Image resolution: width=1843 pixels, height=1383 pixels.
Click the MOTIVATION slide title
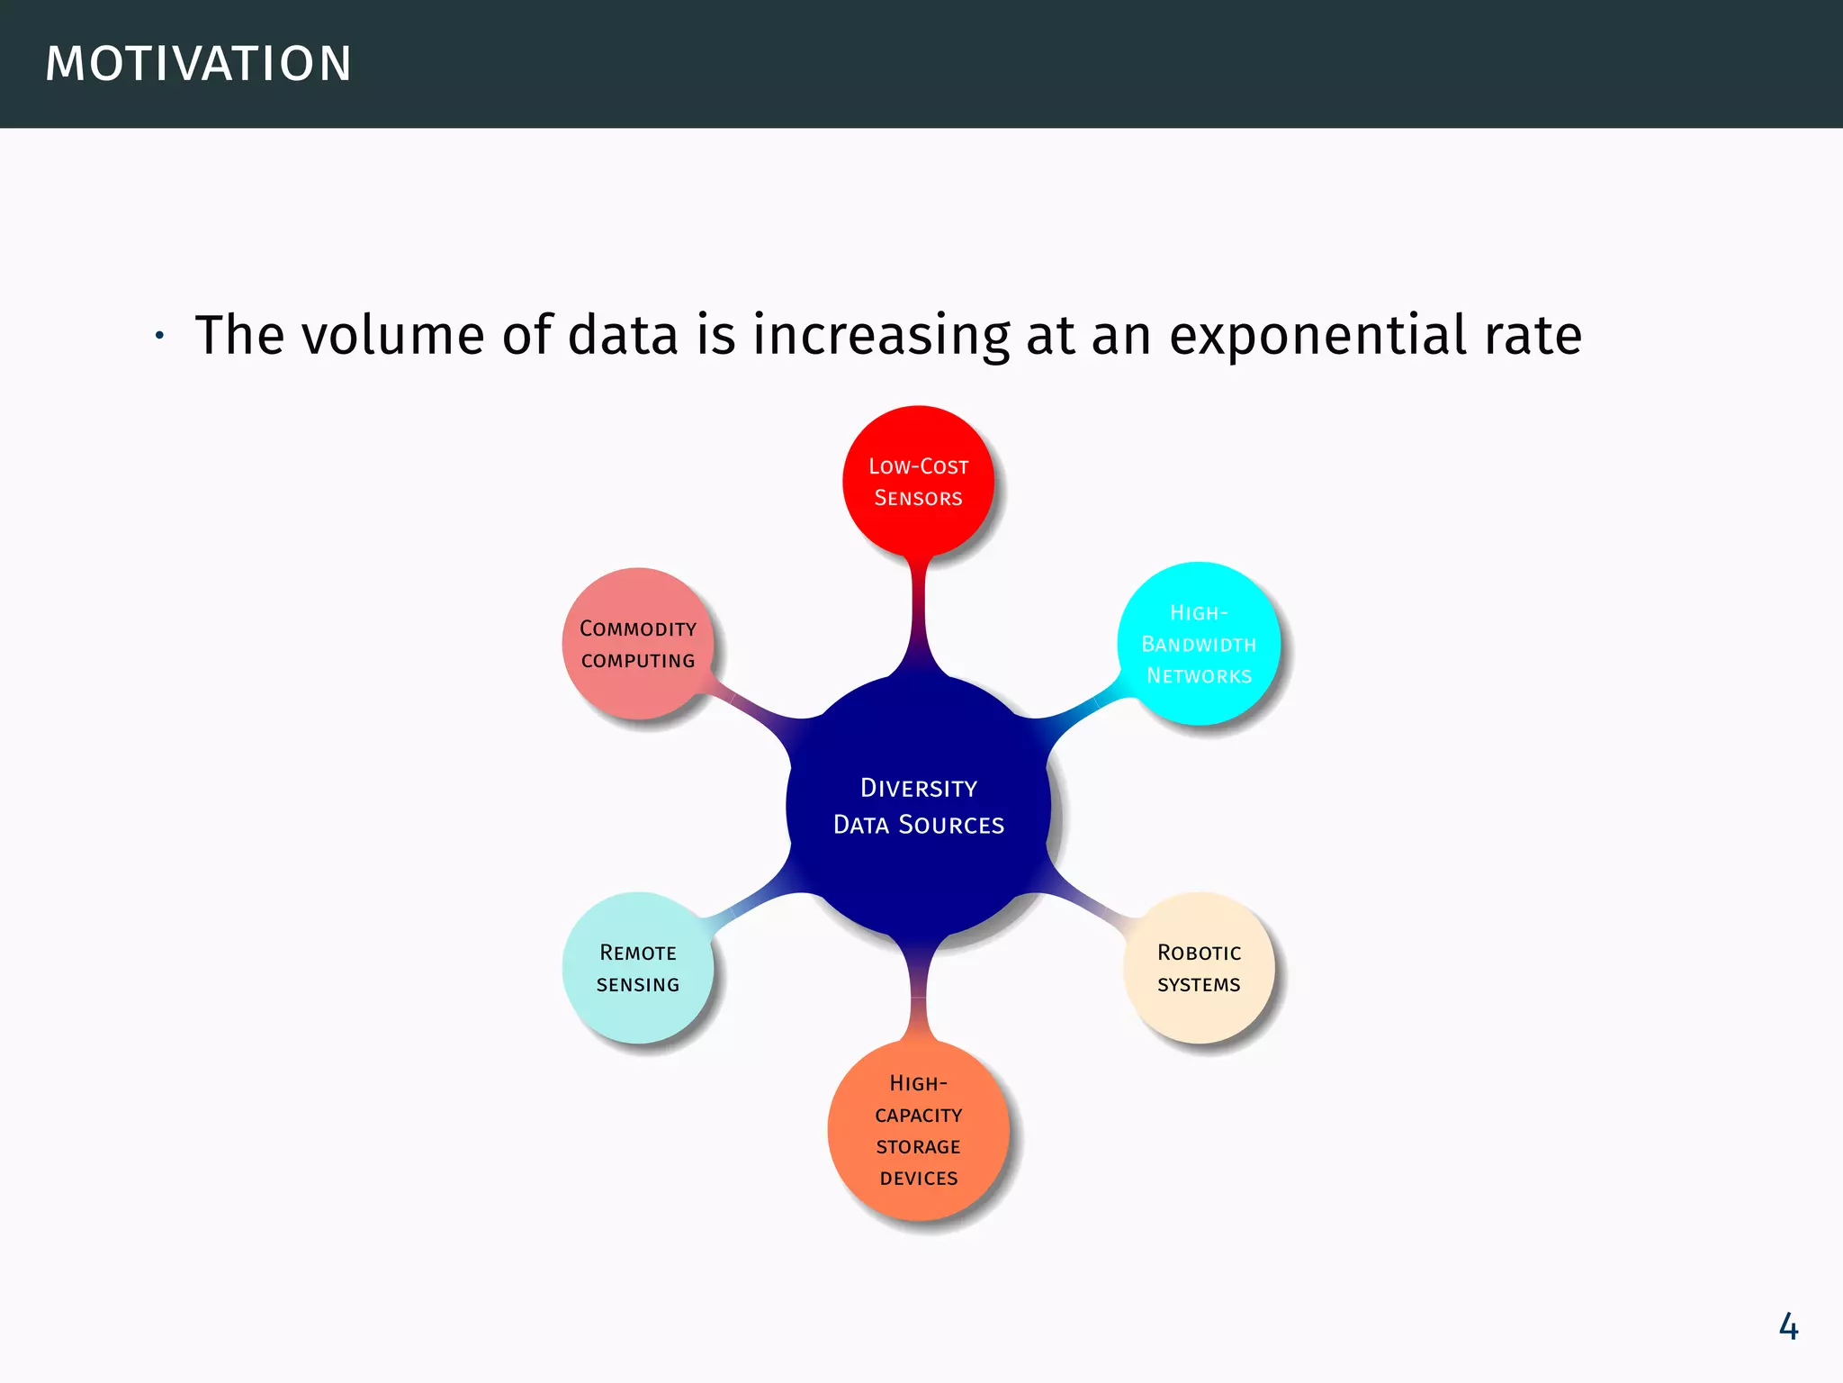198,64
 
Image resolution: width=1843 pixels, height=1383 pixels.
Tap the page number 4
1788,1327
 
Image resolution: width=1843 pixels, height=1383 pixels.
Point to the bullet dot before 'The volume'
159,337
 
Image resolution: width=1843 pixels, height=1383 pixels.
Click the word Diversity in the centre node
918,788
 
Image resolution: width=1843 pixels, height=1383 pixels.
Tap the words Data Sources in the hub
918,825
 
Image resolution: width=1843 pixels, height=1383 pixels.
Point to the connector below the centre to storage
918,990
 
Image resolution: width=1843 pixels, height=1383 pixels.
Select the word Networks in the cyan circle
1199,676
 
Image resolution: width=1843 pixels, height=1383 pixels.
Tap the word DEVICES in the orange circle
918,1179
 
